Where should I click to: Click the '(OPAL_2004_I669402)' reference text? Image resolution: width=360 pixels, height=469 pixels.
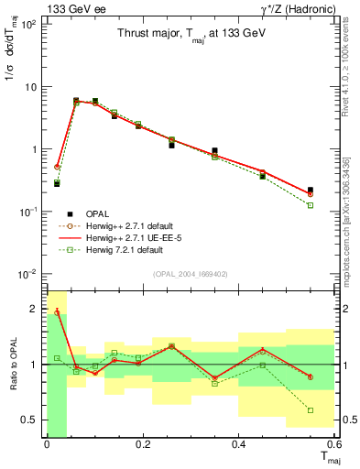tap(191, 273)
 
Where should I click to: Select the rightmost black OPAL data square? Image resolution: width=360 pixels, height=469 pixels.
tap(311, 190)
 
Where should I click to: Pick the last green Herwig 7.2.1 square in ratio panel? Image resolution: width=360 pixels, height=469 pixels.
tap(311, 410)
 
